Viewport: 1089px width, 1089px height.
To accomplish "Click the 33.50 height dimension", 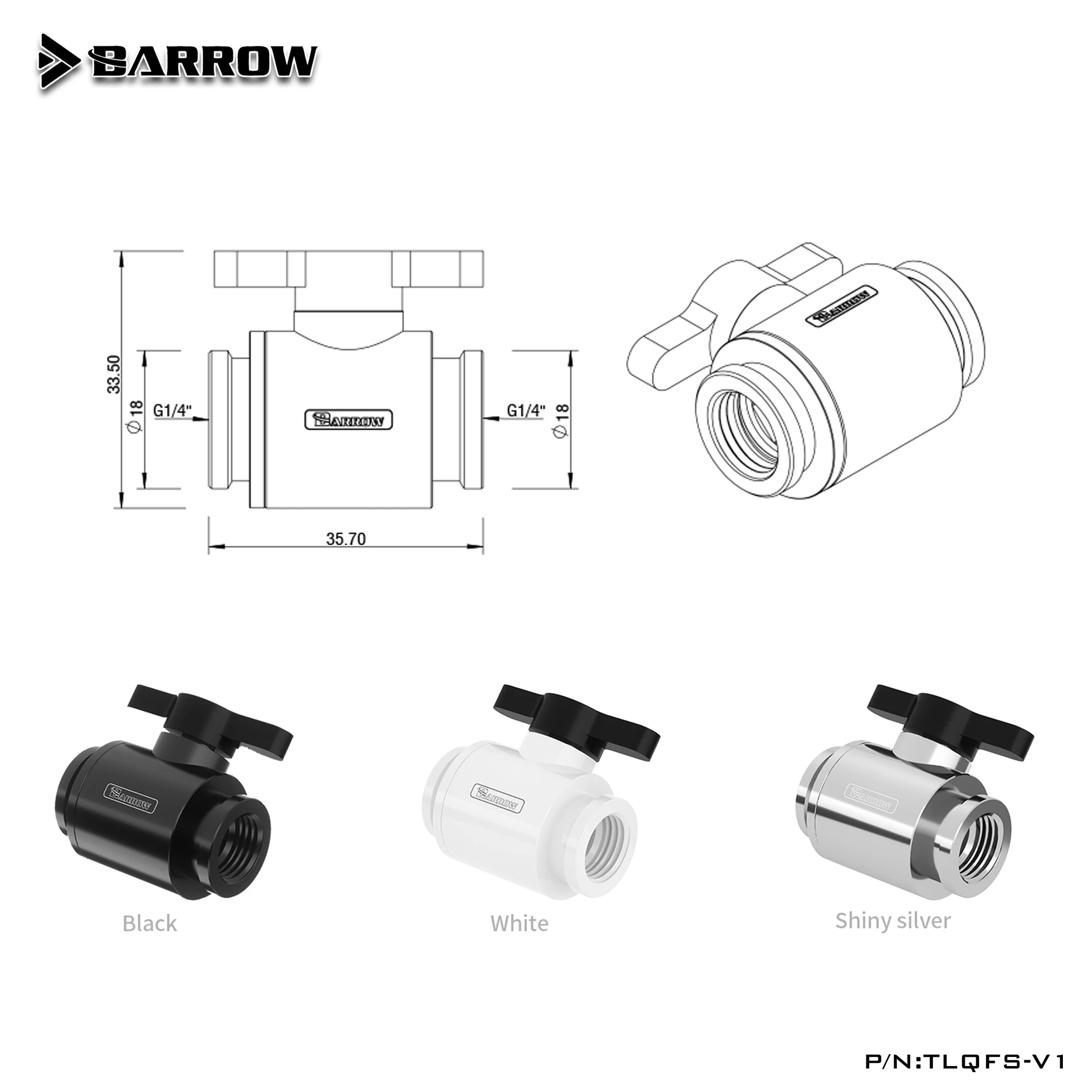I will (x=114, y=374).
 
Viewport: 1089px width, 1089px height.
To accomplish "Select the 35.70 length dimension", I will (x=346, y=540).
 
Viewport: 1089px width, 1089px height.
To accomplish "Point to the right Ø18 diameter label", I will (x=562, y=419).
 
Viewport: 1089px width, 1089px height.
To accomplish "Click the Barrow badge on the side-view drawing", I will (x=348, y=420).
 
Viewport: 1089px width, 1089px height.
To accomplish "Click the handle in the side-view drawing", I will (x=349, y=270).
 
